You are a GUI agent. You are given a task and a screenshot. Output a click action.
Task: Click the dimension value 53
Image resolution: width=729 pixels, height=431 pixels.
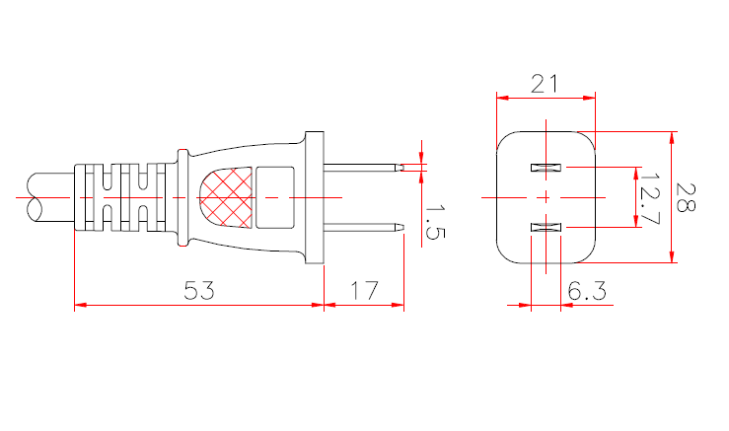[x=200, y=290]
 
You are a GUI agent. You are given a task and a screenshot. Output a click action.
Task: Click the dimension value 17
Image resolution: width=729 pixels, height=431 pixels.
[x=364, y=290]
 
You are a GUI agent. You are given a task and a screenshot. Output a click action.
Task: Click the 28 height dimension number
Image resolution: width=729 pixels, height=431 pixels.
[x=687, y=198]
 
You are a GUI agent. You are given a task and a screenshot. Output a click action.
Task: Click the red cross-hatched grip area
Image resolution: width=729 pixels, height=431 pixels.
[x=226, y=197]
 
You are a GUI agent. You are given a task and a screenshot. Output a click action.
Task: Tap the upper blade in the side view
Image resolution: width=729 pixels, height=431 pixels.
[x=363, y=168]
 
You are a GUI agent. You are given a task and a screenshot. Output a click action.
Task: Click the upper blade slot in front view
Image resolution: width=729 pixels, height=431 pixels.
[x=546, y=167]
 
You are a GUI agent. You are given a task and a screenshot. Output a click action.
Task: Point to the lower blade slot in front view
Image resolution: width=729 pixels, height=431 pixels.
[x=546, y=229]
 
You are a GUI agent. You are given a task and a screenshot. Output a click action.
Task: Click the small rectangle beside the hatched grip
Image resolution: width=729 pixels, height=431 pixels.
[x=276, y=197]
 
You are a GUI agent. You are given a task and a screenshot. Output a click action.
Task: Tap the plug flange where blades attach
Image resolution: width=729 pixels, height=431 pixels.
[x=315, y=197]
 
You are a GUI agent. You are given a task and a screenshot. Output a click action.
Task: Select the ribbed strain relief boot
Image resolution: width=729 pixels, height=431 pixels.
[x=118, y=197]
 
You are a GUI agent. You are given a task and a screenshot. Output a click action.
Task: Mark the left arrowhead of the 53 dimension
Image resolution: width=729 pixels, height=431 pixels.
[x=80, y=306]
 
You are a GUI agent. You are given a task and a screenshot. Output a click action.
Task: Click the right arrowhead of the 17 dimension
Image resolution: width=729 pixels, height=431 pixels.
[x=399, y=306]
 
